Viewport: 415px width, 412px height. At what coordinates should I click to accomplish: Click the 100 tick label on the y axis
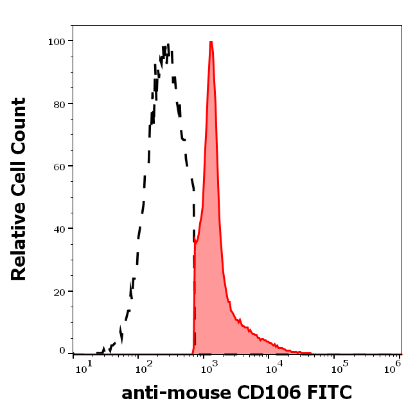[57, 41]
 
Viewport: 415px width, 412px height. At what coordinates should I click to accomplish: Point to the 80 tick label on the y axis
[59, 103]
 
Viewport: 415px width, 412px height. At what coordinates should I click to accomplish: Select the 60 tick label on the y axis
[59, 166]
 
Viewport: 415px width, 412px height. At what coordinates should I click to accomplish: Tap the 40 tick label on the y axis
[59, 228]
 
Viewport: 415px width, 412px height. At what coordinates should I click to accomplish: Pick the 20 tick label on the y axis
[59, 291]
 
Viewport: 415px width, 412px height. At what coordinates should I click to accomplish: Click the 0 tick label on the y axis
[62, 351]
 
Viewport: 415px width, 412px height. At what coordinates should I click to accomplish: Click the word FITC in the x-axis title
[329, 391]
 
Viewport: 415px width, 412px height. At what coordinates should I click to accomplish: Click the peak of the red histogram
[211, 42]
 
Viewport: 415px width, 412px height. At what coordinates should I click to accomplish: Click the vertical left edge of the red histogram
[194, 296]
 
